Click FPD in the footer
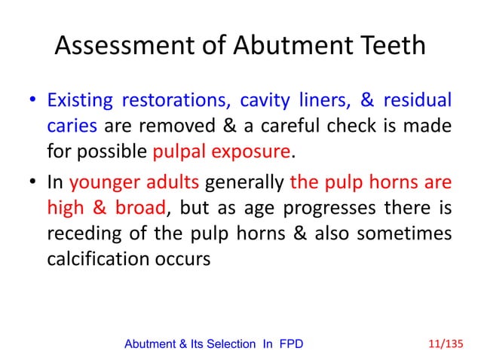(293, 344)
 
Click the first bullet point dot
(33, 101)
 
